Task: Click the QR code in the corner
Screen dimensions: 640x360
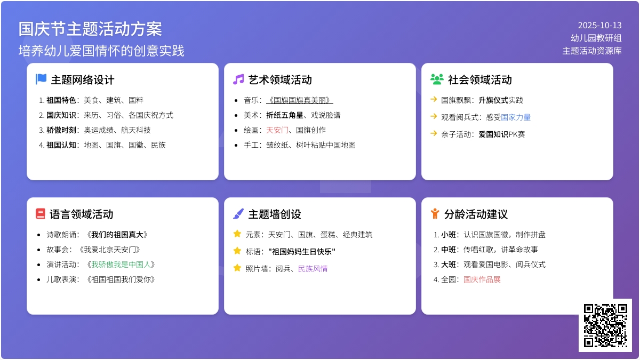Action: (x=605, y=325)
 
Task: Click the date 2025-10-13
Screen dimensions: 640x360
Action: (x=599, y=26)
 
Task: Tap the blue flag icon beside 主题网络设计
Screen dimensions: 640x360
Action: (x=41, y=79)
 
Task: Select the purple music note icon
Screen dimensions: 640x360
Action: (x=238, y=79)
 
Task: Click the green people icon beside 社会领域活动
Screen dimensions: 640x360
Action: (x=437, y=79)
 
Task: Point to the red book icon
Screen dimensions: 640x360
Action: (x=41, y=214)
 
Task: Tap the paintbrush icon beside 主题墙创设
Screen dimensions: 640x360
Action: (x=238, y=214)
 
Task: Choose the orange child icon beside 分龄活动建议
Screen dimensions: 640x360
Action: (x=435, y=214)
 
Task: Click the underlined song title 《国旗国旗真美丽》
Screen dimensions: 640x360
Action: (x=299, y=100)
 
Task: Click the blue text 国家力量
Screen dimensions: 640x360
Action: (x=516, y=117)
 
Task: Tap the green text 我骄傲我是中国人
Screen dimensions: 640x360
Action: (x=121, y=265)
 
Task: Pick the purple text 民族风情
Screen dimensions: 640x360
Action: (x=313, y=269)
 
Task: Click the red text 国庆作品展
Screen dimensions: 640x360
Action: (x=482, y=279)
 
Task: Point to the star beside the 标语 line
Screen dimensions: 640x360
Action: (x=237, y=251)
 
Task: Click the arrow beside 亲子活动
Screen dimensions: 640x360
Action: (x=434, y=133)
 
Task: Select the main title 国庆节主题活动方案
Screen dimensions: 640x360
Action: (x=90, y=29)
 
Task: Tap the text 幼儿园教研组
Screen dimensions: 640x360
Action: (x=596, y=38)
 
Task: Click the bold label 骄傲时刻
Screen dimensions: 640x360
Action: (x=61, y=130)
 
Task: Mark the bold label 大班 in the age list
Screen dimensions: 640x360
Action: (x=449, y=265)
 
